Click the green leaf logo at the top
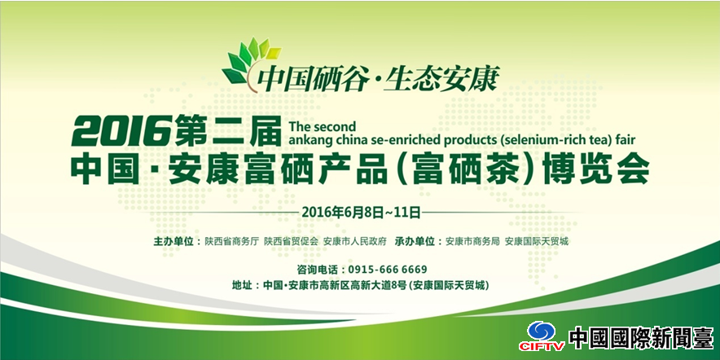point(249,62)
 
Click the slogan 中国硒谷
point(313,80)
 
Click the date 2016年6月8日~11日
point(362,212)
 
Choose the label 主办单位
point(173,242)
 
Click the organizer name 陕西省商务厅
point(232,242)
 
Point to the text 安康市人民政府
point(355,242)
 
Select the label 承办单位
point(415,242)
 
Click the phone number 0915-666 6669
point(388,269)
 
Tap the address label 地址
point(242,286)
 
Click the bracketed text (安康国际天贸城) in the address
point(449,286)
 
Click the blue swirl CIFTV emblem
point(542,331)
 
